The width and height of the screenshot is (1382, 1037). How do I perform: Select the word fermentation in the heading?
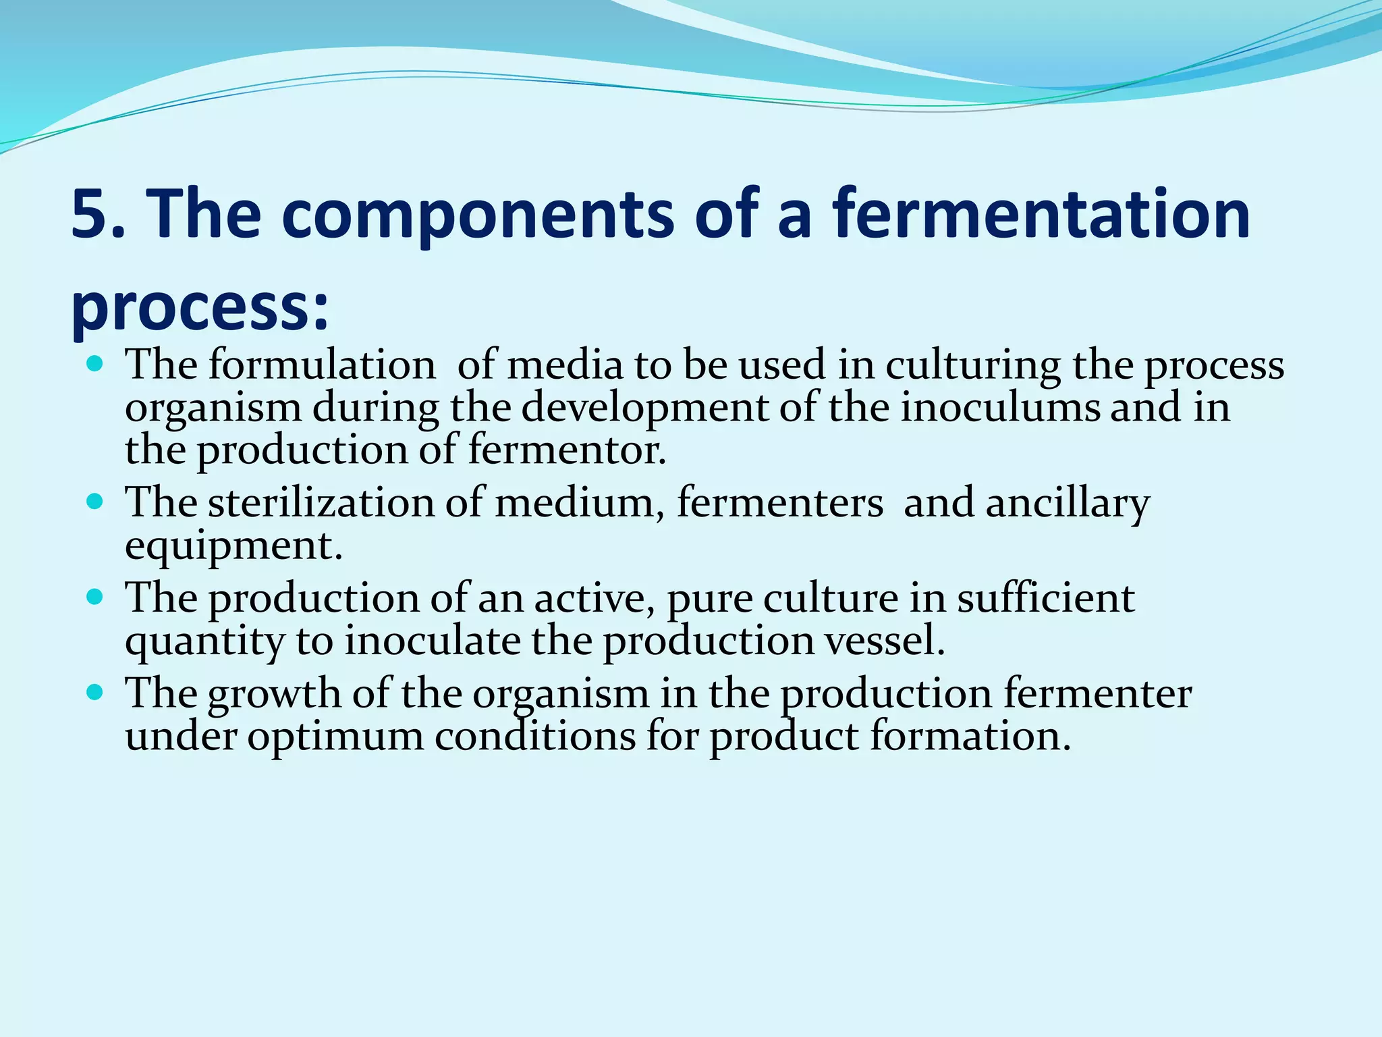click(x=1041, y=215)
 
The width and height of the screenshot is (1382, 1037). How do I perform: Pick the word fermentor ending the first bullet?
click(x=566, y=450)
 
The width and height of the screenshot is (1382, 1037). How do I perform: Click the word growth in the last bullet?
click(x=275, y=695)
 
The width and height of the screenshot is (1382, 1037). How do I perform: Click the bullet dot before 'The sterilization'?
click(x=95, y=503)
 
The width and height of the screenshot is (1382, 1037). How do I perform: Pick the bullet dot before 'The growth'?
click(x=95, y=693)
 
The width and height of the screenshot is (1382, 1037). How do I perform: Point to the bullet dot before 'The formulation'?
click(x=95, y=365)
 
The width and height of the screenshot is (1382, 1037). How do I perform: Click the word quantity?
click(x=205, y=642)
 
